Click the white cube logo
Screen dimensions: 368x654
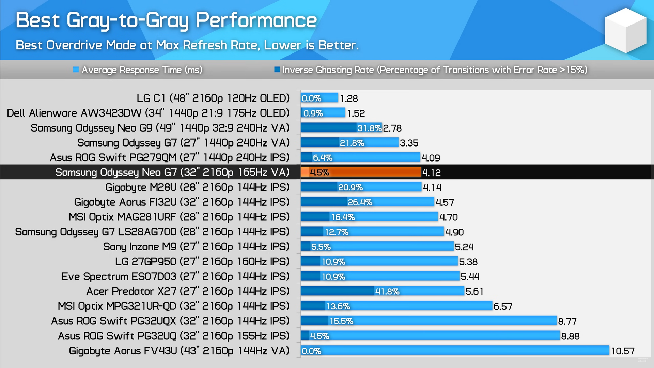(x=625, y=30)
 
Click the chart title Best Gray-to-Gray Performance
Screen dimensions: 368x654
(x=166, y=20)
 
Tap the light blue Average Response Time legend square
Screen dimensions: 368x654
(x=76, y=70)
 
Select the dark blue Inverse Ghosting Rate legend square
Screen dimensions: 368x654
(x=277, y=70)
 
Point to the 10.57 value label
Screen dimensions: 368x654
(x=623, y=351)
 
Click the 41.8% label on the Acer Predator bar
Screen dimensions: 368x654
(x=387, y=292)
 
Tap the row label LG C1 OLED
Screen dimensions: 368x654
(x=213, y=98)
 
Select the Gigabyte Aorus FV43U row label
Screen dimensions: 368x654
(x=179, y=351)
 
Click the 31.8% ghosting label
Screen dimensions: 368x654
(x=369, y=128)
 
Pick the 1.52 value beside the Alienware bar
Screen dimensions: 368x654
(x=356, y=113)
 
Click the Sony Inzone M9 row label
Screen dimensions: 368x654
(x=196, y=247)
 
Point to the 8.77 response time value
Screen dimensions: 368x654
(x=567, y=321)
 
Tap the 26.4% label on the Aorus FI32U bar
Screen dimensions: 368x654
(x=360, y=202)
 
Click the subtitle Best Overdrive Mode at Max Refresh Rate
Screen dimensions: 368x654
(x=187, y=45)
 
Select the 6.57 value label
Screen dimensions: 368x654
(x=503, y=307)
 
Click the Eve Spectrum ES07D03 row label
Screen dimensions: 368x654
(x=175, y=276)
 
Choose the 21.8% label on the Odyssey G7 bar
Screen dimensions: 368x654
(x=352, y=143)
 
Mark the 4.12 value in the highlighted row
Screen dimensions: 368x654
(x=431, y=173)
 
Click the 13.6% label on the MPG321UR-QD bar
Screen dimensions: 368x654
(x=338, y=306)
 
